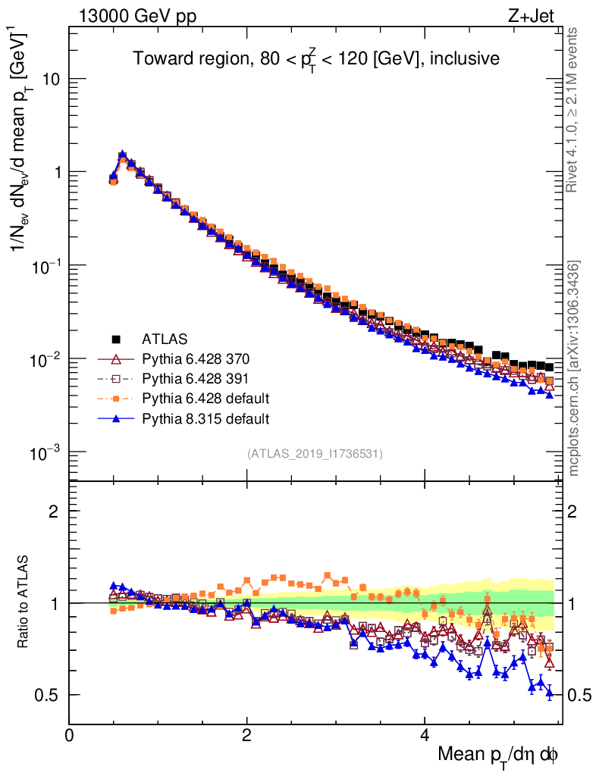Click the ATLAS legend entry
165,338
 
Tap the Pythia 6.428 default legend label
205,398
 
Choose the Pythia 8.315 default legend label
205,418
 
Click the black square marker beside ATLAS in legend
116,338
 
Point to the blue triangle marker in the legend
116,418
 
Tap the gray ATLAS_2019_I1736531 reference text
315,454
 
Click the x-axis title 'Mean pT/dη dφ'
499,753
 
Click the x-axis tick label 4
425,734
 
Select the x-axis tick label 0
70,734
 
